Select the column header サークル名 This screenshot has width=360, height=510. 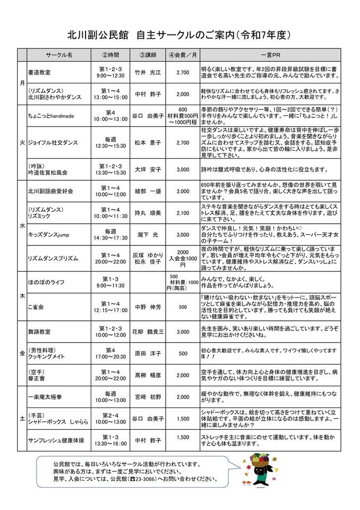coord(59,55)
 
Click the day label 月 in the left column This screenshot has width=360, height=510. coord(22,83)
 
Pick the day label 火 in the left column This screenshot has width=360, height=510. coord(22,142)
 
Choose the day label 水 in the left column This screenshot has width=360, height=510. coord(22,225)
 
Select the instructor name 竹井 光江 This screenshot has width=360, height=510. coord(147,72)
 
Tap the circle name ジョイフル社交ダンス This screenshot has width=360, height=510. coord(53,142)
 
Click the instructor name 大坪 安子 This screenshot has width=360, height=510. coord(147,169)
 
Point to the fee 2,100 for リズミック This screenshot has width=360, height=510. coord(182,213)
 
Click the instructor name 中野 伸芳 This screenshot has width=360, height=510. coord(147,307)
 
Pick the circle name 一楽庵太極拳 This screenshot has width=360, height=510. coord(46,396)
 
